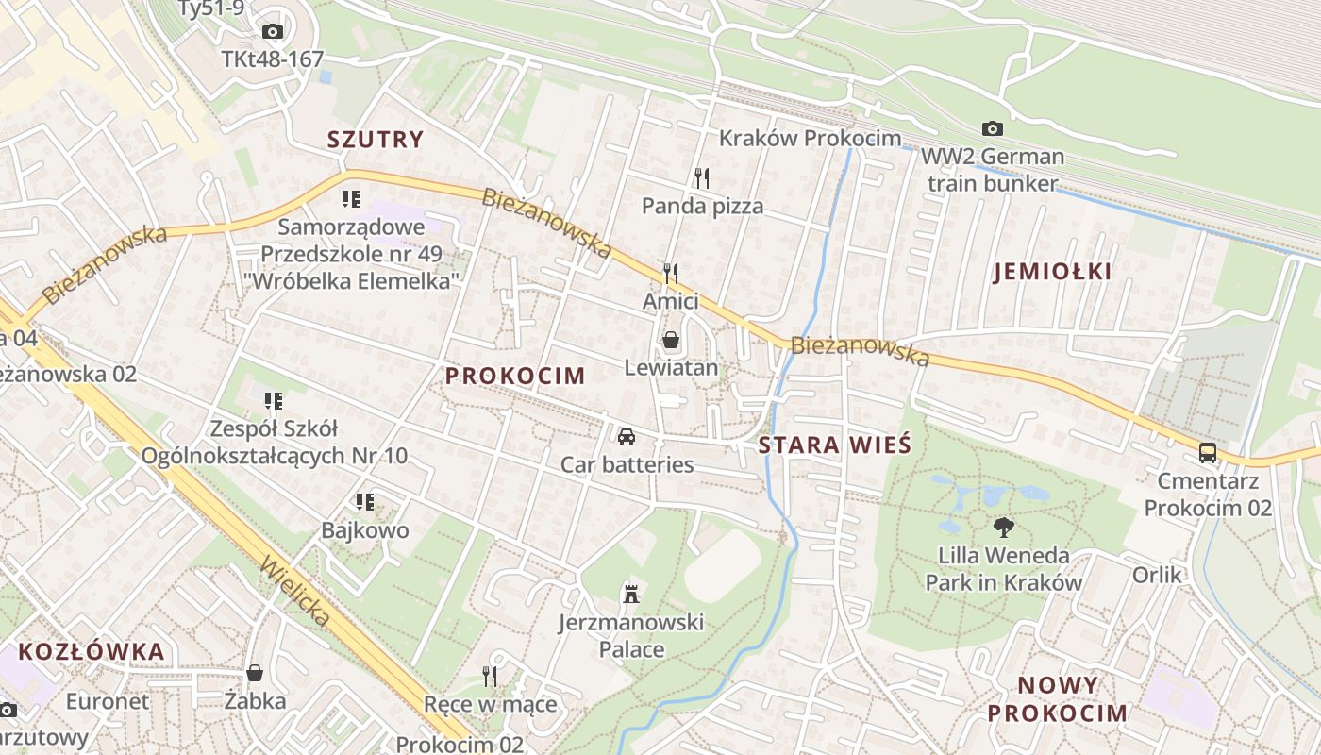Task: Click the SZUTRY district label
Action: coord(376,140)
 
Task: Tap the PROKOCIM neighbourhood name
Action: coord(515,376)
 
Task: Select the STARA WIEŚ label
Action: coord(835,445)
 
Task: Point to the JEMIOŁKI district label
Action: coord(1052,272)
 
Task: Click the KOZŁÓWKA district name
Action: coord(92,651)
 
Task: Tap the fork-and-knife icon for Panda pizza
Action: coord(701,176)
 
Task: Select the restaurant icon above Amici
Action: coord(671,274)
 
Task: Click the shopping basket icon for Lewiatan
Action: coord(671,340)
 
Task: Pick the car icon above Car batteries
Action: coord(626,436)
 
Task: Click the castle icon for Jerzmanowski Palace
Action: coord(630,594)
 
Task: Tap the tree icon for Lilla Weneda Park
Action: coord(1003,528)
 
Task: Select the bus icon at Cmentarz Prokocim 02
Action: coord(1207,453)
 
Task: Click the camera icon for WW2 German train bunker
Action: coord(992,128)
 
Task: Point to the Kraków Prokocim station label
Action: coord(810,138)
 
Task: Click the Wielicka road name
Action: coord(296,592)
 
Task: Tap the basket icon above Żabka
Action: coord(255,673)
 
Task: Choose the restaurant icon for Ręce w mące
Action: coord(490,676)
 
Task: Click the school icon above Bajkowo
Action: coord(365,502)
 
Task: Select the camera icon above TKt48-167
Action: coord(272,32)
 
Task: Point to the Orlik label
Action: coord(1157,574)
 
